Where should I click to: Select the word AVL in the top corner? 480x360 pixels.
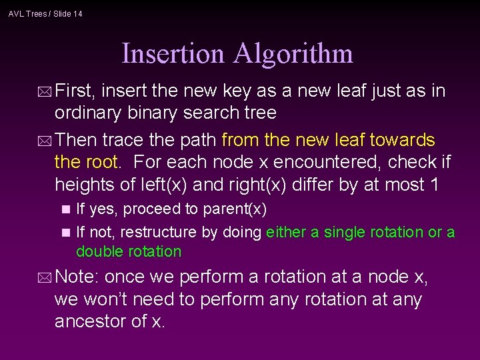(x=16, y=13)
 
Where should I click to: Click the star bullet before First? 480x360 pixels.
(x=45, y=91)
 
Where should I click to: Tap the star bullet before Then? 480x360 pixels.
(x=45, y=141)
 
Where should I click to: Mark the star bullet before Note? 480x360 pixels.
(x=45, y=277)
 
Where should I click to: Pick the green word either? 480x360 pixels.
(x=284, y=233)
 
